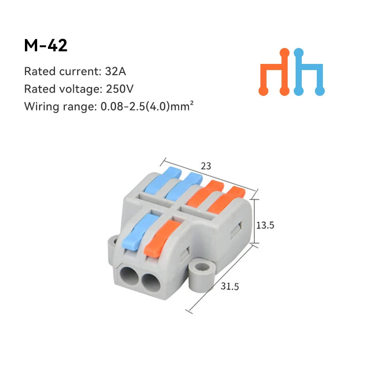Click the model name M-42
tap(46, 45)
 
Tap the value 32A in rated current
tap(116, 72)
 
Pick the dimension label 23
tap(206, 166)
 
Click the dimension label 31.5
tap(230, 285)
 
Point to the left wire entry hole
tap(130, 275)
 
